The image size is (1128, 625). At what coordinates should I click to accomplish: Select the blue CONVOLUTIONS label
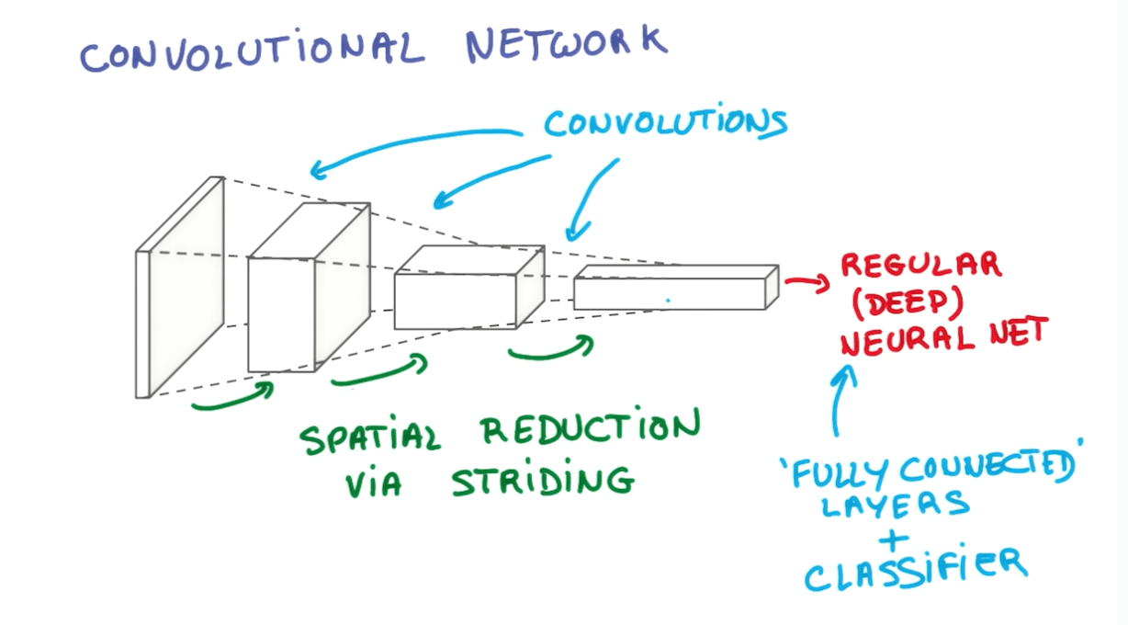click(x=665, y=124)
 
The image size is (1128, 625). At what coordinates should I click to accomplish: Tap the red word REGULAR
click(x=920, y=267)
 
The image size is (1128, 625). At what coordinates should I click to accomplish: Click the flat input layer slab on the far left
click(x=180, y=287)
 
